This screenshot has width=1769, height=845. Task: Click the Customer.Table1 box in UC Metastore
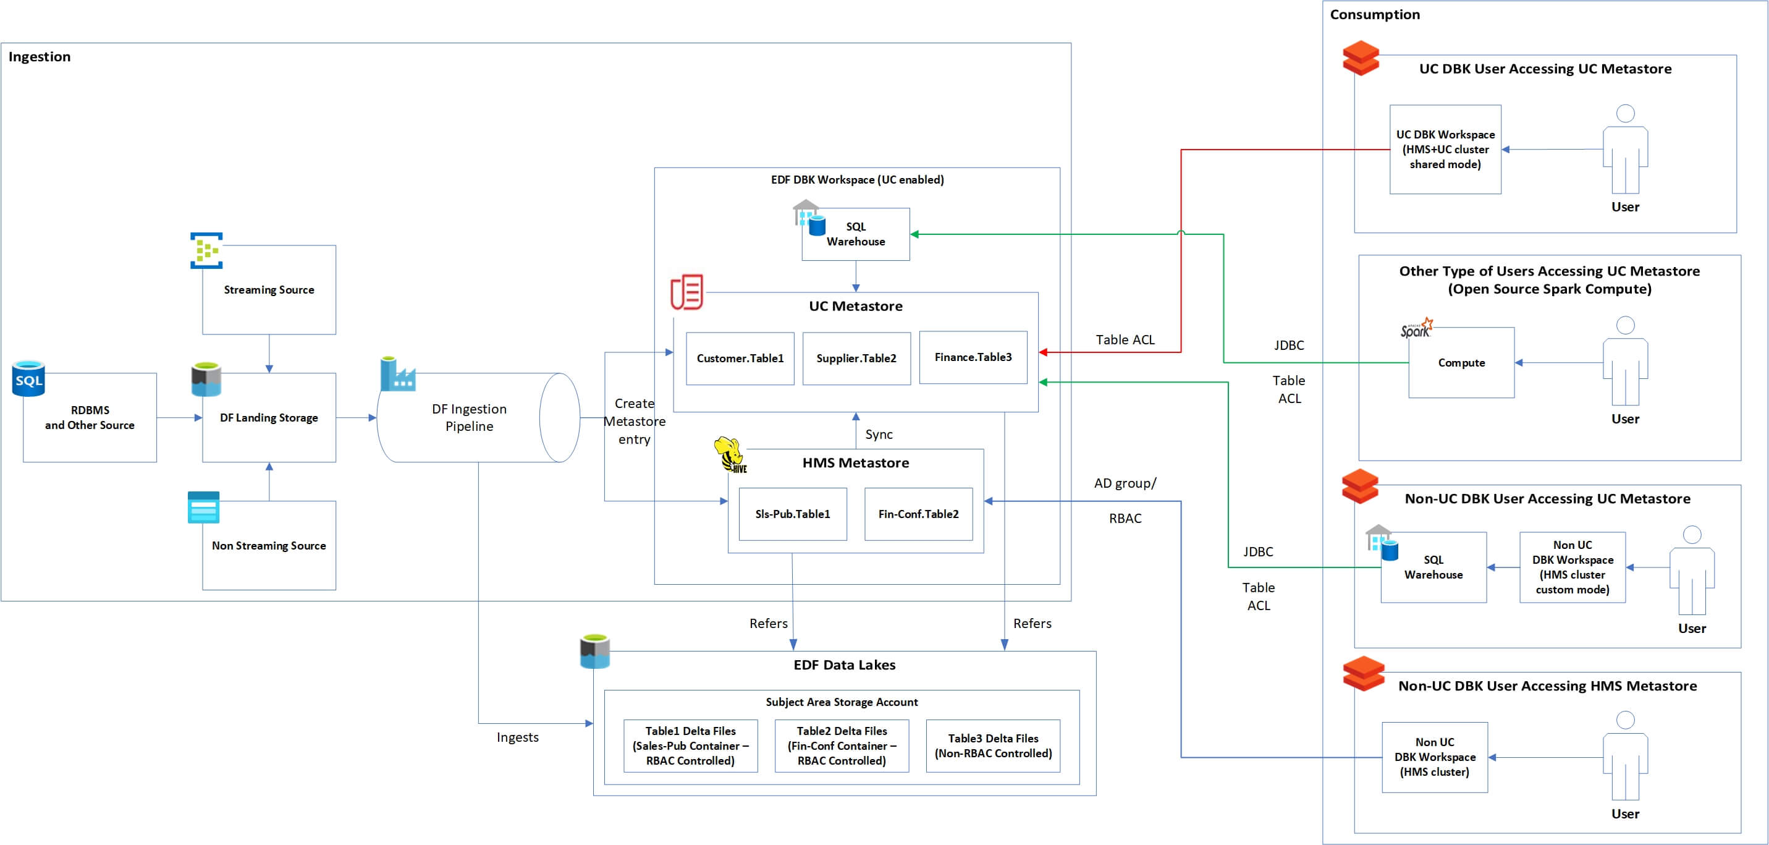[740, 359]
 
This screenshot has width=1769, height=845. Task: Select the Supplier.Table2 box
[856, 359]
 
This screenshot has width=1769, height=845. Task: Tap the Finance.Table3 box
[973, 357]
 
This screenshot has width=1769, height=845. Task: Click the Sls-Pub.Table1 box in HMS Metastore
[793, 514]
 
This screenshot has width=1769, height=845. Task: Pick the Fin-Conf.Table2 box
[918, 514]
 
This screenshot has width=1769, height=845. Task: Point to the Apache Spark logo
[1417, 328]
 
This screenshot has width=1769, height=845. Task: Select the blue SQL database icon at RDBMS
[29, 378]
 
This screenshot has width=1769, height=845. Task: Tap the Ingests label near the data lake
[518, 737]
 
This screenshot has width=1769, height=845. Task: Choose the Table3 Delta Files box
[993, 746]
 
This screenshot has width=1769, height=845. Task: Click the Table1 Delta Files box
[690, 746]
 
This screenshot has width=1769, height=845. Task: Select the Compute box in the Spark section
[1461, 363]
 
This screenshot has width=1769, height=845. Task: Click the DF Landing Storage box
[269, 418]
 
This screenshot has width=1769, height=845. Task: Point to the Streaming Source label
[269, 290]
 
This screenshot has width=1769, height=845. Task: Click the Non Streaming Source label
[269, 545]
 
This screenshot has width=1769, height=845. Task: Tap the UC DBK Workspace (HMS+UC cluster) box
[1445, 150]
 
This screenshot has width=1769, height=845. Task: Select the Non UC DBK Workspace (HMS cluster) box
[1435, 757]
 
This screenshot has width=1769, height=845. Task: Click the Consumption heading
[1375, 14]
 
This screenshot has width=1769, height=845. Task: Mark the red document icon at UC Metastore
[686, 292]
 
